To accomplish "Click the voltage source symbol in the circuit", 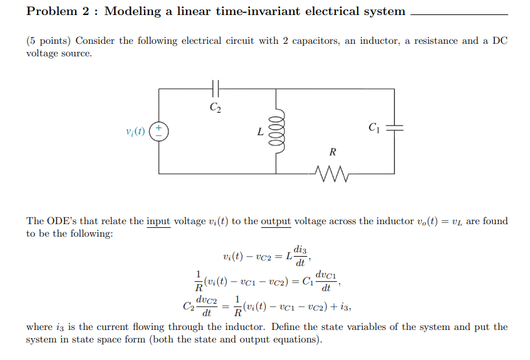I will [x=159, y=131].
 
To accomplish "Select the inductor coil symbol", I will [x=277, y=131].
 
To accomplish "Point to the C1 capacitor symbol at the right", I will [x=394, y=128].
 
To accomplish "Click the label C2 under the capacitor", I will [x=215, y=107].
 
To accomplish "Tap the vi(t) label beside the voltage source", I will [x=135, y=131].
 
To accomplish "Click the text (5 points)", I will [x=49, y=41].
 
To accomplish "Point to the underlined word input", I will [x=158, y=221].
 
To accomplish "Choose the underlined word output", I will [x=276, y=221].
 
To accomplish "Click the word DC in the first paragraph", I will [x=499, y=41].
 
